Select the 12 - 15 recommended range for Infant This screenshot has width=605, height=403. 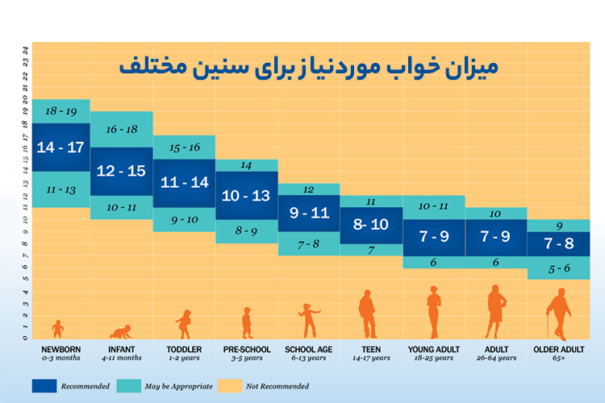tap(121, 171)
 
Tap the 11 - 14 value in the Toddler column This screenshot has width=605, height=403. tap(184, 183)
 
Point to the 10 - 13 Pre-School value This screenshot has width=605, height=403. tap(246, 196)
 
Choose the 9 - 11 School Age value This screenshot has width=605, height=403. tap(308, 214)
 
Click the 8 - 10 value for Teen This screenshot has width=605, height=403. tap(370, 226)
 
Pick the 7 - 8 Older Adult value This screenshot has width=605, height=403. tap(557, 243)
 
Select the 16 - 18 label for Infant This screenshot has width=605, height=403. tap(121, 129)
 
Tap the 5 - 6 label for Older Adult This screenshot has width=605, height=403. tap(557, 268)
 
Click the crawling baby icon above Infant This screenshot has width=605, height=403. tap(121, 331)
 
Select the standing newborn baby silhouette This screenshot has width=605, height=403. tap(57, 328)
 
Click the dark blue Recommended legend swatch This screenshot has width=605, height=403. tap(50, 386)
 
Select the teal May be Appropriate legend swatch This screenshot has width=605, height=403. tap(134, 386)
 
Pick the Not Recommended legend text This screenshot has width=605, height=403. tap(277, 386)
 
